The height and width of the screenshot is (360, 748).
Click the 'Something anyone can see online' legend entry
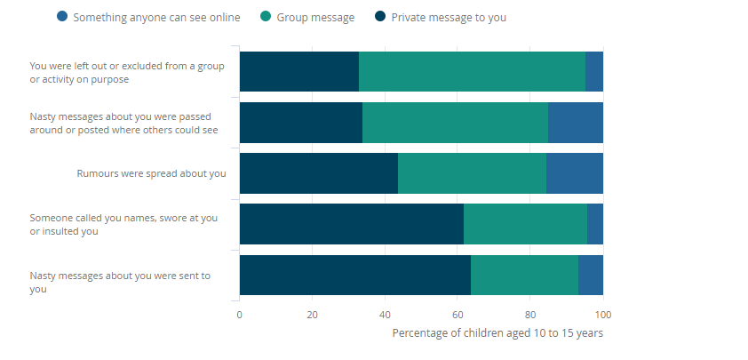147,17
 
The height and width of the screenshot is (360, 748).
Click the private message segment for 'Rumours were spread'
318,173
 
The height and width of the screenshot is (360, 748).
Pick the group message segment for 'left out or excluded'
472,71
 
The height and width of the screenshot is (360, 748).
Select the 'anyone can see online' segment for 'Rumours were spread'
574,173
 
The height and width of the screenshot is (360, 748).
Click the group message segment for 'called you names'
525,224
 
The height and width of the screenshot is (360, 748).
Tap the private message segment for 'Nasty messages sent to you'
354,276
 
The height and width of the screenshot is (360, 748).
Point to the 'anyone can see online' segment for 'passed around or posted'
575,123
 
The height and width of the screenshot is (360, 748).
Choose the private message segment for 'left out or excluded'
298,71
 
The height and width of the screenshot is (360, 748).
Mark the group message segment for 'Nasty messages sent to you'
524,276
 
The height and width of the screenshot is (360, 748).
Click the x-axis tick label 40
385,315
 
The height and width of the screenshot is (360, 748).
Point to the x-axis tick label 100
603,315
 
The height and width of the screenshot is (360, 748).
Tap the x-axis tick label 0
239,315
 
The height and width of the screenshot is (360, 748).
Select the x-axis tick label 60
458,315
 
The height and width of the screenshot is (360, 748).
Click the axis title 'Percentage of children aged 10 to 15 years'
497,333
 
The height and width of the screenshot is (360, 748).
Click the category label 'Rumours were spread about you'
151,173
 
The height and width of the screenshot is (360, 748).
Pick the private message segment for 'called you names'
351,224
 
